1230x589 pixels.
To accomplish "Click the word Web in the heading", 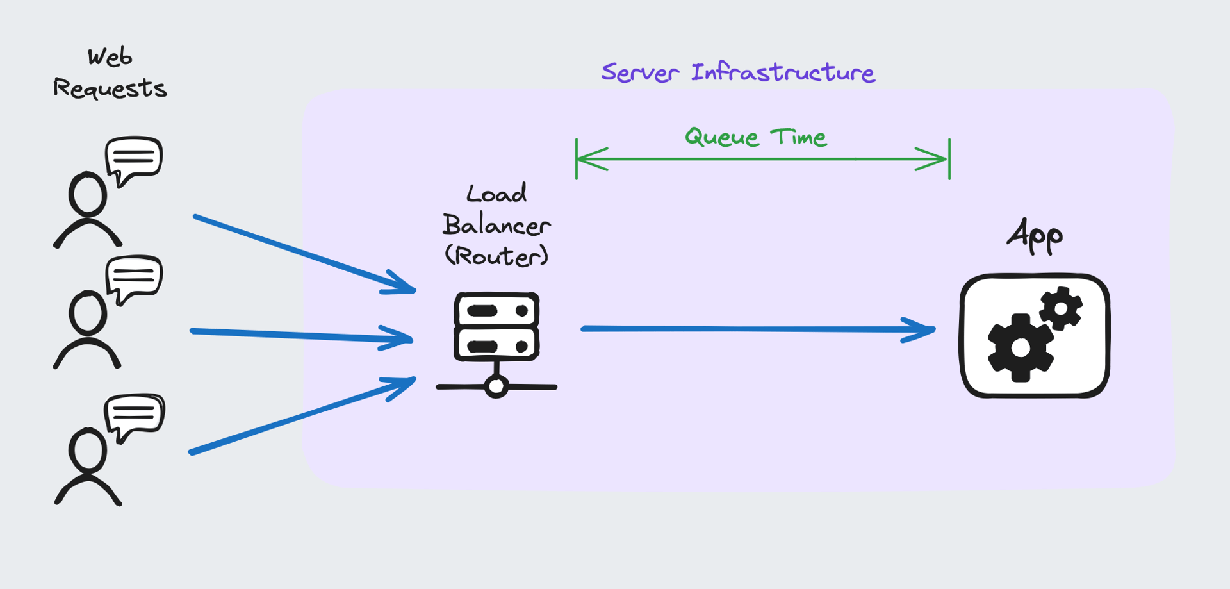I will (110, 57).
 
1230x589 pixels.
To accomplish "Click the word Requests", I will (110, 88).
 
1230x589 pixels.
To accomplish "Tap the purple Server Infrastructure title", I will (737, 72).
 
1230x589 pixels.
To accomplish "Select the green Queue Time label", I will (755, 137).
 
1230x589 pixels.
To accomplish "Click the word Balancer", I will (496, 225).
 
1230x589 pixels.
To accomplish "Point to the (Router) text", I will (496, 256).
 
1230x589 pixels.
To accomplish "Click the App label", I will (1034, 236).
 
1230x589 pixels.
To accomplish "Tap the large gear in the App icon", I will (1020, 348).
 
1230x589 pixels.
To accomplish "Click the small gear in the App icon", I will (1061, 309).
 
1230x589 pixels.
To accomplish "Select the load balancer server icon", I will (496, 326).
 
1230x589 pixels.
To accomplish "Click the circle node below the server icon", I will (496, 386).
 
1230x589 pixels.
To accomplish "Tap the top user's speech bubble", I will (134, 158).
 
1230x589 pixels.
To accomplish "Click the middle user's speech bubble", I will (134, 277).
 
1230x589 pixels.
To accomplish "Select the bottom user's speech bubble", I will (135, 414).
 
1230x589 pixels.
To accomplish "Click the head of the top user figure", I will (88, 194).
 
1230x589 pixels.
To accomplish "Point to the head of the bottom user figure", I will (88, 451).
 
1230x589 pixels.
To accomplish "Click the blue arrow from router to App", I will (756, 329).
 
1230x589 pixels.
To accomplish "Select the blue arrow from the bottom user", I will (301, 416).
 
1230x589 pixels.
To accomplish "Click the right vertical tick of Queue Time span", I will (949, 159).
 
